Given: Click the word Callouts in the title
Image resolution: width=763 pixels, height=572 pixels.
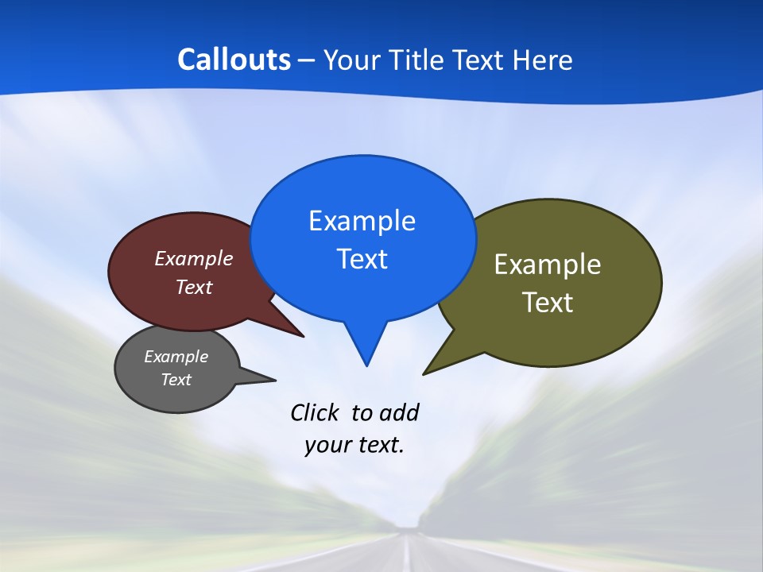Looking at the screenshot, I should [x=234, y=60].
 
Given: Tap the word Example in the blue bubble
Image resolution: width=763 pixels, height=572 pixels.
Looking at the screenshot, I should [x=362, y=221].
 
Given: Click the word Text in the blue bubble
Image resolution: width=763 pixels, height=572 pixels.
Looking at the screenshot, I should [x=362, y=259].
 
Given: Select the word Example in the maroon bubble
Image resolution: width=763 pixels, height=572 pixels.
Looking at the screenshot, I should [x=194, y=258].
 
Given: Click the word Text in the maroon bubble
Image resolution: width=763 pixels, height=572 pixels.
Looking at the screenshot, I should [x=194, y=287].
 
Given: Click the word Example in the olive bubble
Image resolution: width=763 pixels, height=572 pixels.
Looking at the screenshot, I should [x=548, y=265].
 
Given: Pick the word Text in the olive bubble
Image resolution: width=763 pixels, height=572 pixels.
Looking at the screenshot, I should [x=548, y=303].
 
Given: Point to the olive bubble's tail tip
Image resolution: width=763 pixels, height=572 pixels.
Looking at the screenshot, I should [x=425, y=373].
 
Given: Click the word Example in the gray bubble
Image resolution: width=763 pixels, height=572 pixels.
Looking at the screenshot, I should [x=176, y=357].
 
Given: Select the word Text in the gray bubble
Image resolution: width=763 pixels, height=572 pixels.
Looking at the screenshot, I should [x=176, y=380].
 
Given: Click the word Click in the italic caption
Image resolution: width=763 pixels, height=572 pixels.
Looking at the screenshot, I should [x=316, y=412].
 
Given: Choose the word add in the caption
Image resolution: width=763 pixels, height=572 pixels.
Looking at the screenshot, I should [x=399, y=412].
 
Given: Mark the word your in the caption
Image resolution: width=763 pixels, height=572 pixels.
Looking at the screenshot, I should [x=326, y=445].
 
